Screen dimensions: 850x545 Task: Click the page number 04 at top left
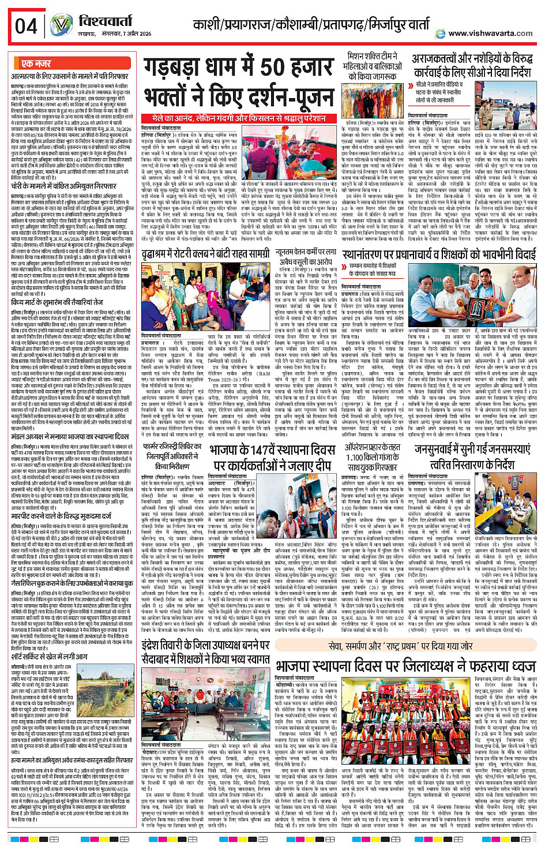[x=26, y=25]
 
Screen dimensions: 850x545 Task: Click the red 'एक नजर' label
[x=36, y=63]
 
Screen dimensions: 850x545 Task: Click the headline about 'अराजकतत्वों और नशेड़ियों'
[x=471, y=66]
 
